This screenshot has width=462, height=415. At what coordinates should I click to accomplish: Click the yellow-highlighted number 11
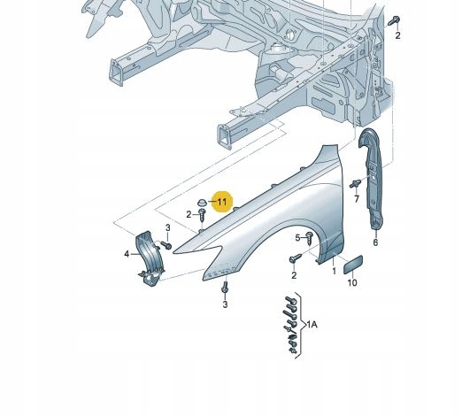tap(222, 202)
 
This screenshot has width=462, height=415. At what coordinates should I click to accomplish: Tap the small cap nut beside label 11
tap(202, 203)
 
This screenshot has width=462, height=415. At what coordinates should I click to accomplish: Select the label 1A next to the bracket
tap(312, 325)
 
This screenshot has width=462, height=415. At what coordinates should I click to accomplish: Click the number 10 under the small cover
tap(352, 282)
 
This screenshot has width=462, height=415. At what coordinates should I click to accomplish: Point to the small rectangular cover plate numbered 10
tap(353, 265)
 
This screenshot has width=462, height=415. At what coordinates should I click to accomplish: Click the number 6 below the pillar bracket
tap(375, 242)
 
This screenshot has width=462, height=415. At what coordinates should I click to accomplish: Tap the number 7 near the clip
tap(357, 199)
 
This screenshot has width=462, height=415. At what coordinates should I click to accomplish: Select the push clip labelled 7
tap(356, 183)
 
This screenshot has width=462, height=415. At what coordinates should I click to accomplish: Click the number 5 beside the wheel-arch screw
tap(297, 237)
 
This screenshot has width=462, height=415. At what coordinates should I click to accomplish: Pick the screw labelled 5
tap(309, 238)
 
